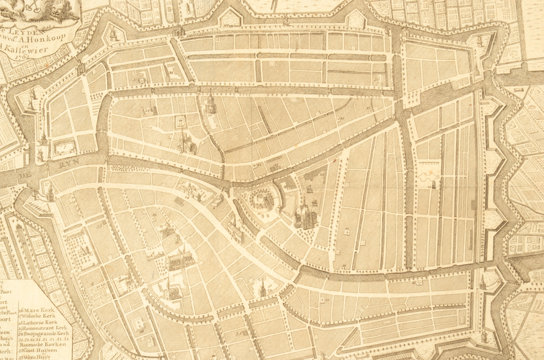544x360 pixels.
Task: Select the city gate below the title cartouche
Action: pyautogui.click(x=81, y=69)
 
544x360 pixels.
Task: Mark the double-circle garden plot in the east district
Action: pyautogui.click(x=426, y=176)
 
